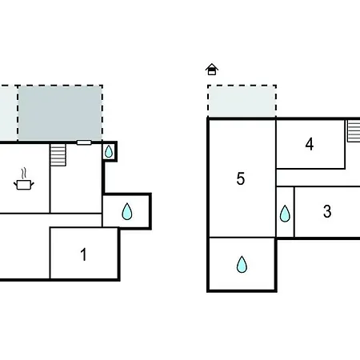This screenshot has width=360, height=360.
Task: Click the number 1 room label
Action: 83,254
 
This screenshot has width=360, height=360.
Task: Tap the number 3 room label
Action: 327,211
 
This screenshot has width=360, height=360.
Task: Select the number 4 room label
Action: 310,144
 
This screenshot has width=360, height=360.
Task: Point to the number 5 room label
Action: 241,178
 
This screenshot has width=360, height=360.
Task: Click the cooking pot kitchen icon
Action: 24,185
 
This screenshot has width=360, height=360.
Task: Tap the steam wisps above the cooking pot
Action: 24,173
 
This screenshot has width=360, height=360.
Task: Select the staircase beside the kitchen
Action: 58,155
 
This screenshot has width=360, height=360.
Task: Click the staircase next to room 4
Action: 354,131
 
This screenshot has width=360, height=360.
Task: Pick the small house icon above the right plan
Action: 212,70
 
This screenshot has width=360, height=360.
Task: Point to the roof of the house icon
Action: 212,66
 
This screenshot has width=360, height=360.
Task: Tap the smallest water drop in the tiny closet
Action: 109,151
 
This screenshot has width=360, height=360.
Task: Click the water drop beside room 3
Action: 285,214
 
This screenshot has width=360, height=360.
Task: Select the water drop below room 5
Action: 242,264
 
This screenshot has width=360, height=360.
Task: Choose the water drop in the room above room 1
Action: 127,211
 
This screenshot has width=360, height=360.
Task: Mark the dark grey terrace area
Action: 60,113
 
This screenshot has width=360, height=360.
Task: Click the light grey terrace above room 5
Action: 242,101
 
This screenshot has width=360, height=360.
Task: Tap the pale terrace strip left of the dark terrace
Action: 9,113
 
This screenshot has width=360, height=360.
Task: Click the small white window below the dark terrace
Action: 84,142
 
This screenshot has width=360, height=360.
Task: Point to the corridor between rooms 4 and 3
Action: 318,178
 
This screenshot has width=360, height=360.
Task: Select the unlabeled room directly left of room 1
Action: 25,246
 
